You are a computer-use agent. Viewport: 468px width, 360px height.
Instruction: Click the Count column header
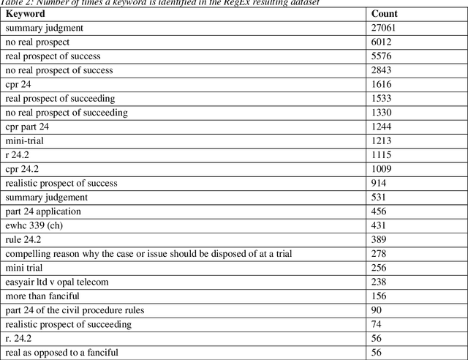tap(384, 14)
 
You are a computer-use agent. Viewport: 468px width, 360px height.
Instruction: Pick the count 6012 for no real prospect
tap(382, 42)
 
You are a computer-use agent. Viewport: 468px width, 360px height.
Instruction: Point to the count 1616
tap(382, 84)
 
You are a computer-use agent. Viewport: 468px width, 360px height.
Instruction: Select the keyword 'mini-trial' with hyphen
tap(25, 140)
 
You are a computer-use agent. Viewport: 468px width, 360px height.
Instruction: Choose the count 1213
tap(382, 140)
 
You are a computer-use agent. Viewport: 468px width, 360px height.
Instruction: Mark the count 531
tap(380, 197)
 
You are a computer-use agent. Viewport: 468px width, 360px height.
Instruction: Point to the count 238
tap(380, 282)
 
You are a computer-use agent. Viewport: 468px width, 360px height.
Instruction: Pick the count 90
tap(377, 310)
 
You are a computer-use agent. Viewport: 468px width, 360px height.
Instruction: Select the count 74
tap(377, 324)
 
